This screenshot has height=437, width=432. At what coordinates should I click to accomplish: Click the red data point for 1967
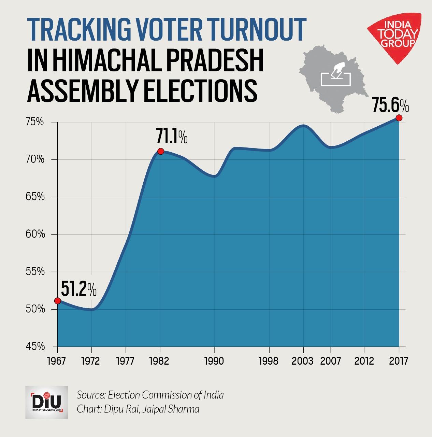[57, 301]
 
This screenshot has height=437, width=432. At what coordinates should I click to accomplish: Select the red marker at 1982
[160, 151]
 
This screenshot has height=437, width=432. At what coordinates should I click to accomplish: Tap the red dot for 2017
[399, 118]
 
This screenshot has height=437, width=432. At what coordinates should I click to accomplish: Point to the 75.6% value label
[390, 105]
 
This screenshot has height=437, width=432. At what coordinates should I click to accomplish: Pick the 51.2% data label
[78, 290]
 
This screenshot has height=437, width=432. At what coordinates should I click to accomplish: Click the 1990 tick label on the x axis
[214, 361]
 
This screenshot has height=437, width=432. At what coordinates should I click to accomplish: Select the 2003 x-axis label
[302, 361]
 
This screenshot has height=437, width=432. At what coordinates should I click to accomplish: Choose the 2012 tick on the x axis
[364, 361]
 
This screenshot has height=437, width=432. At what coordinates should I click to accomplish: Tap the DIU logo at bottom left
[47, 402]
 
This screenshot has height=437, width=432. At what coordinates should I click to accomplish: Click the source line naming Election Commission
[150, 395]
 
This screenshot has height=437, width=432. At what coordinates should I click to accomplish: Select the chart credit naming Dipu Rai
[138, 409]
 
